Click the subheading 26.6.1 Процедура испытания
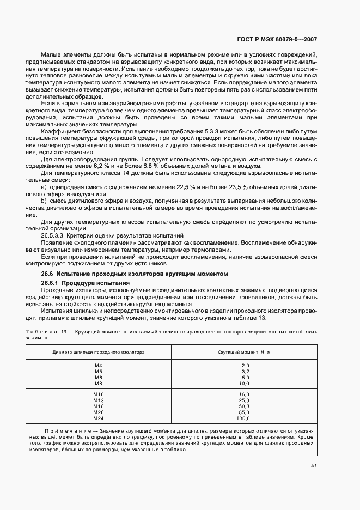pyautogui.click(x=86, y=283)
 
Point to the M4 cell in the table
pyautogui.click(x=99, y=365)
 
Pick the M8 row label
pyautogui.click(x=99, y=384)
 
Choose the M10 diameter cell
pyautogui.click(x=99, y=394)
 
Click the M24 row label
pyautogui.click(x=99, y=418)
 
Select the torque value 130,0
pyautogui.click(x=243, y=418)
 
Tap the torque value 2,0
pyautogui.click(x=245, y=365)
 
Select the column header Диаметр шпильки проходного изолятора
pyautogui.click(x=99, y=352)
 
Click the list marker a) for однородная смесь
pyautogui.click(x=44, y=187)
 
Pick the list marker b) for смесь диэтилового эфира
pyautogui.click(x=44, y=201)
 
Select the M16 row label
pyautogui.click(x=99, y=406)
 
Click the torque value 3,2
pyautogui.click(x=245, y=371)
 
